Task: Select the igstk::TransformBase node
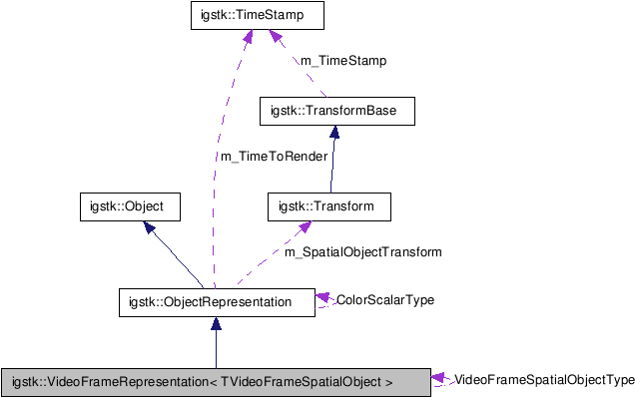pos(333,111)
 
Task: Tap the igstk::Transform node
pos(325,206)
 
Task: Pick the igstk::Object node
pos(127,206)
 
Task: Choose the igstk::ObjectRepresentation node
pos(210,301)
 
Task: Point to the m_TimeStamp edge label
pos(342,61)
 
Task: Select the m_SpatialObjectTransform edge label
pos(361,252)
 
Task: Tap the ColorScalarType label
pos(384,299)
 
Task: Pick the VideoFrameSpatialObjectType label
pos(543,380)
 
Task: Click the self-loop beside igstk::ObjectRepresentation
pos(321,301)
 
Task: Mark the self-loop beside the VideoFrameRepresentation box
pos(440,380)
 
